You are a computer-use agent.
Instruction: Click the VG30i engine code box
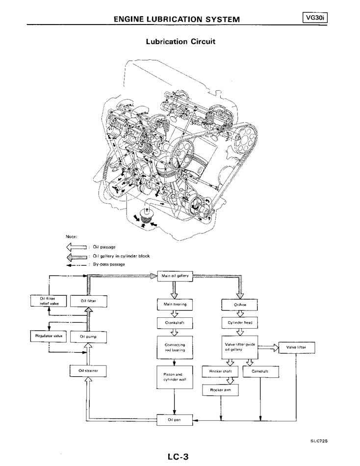point(315,18)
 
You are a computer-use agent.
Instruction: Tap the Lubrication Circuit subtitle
point(180,41)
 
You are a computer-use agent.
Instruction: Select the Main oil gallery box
point(175,276)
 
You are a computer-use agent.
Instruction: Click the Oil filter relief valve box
point(48,301)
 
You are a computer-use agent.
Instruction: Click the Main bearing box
point(175,305)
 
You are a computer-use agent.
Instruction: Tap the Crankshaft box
point(175,323)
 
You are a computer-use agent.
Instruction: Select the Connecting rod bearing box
point(175,348)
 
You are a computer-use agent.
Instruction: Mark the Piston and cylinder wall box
point(175,377)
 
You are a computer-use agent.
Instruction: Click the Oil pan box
point(175,420)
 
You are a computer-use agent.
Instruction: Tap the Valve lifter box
point(296,348)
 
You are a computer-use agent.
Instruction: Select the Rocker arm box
point(220,390)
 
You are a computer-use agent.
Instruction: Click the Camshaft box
point(260,372)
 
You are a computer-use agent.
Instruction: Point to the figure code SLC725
point(318,441)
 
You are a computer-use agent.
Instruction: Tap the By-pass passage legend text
point(109,264)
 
